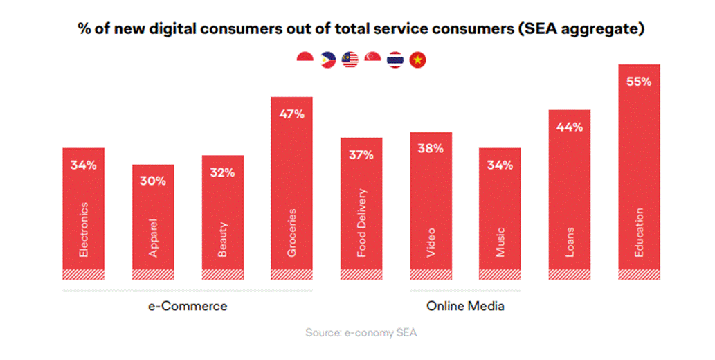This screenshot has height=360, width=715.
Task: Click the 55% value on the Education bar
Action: point(639,82)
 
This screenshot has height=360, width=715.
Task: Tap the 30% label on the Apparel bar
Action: point(153,181)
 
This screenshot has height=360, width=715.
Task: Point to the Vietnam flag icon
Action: point(417,60)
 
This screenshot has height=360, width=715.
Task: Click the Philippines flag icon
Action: point(327,60)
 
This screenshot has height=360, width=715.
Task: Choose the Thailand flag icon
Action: point(395,60)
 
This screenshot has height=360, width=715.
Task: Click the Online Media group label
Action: point(465,306)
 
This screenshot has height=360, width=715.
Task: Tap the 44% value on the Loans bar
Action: point(569,127)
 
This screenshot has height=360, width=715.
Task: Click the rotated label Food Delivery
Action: point(361,223)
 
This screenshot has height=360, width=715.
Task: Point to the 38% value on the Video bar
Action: point(431,149)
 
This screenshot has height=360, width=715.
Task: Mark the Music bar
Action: point(500,215)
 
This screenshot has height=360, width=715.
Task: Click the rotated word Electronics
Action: point(84,229)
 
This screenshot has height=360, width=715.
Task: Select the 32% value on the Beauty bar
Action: point(222,172)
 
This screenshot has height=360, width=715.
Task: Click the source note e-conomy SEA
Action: point(361,333)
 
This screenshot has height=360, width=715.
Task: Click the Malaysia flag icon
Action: point(350,60)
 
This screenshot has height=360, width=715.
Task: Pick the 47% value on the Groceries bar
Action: point(291,114)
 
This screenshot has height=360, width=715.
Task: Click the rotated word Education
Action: point(639,233)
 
